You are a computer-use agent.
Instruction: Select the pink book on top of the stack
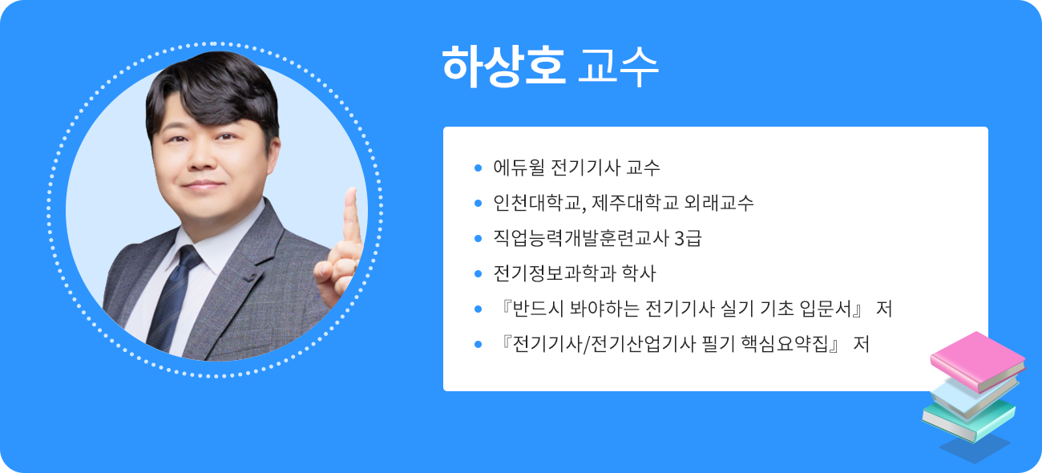click(976, 361)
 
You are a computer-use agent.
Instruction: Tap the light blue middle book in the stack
click(971, 393)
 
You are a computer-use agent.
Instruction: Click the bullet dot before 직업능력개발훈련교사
click(478, 238)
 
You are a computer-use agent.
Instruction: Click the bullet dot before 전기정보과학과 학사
click(478, 273)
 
